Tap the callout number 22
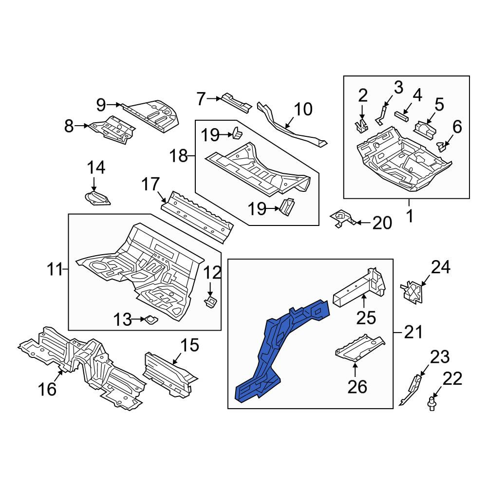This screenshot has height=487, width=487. click(452, 379)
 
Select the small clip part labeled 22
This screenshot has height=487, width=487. click(431, 403)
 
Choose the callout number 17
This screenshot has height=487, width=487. click(150, 184)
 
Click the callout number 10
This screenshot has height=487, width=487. click(303, 109)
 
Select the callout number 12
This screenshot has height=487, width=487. click(212, 273)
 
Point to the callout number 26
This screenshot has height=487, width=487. click(357, 387)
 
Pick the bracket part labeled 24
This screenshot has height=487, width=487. click(412, 292)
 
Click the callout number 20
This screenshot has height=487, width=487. click(382, 223)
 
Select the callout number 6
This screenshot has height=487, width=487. click(457, 127)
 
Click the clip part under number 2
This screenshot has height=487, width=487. click(361, 126)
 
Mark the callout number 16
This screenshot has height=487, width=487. click(47, 389)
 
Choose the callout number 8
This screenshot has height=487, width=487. click(69, 126)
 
